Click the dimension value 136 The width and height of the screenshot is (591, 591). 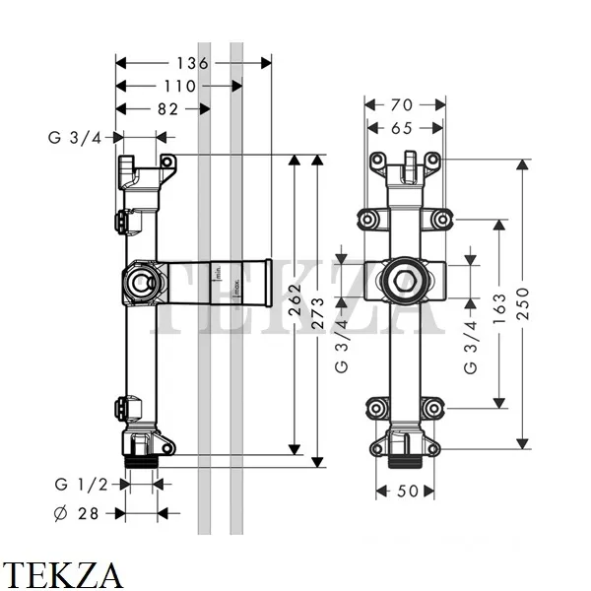(x=193, y=63)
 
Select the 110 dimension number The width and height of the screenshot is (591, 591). (x=179, y=87)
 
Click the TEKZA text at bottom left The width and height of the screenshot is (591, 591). (x=62, y=573)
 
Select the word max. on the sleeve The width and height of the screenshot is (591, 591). (x=236, y=289)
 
